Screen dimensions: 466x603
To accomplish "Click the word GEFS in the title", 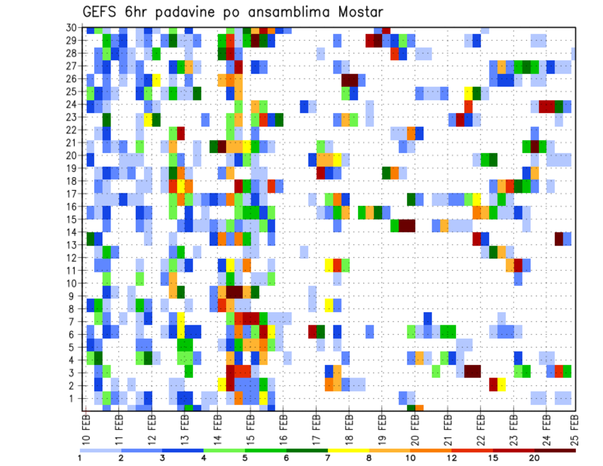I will coord(102,13).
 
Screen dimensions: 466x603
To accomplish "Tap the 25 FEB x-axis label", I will coord(576,429).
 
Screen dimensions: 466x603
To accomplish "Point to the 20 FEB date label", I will coord(414,429).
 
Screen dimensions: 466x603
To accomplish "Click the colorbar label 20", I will coord(535,458).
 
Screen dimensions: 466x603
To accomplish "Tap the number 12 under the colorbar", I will coord(452,458).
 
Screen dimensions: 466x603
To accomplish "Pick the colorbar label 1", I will coord(80,458).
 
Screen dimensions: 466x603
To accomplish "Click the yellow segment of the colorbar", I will coord(349,450).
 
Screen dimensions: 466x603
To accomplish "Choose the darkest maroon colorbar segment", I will coord(555,450).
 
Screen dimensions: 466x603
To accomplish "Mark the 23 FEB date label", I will coord(512,429).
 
